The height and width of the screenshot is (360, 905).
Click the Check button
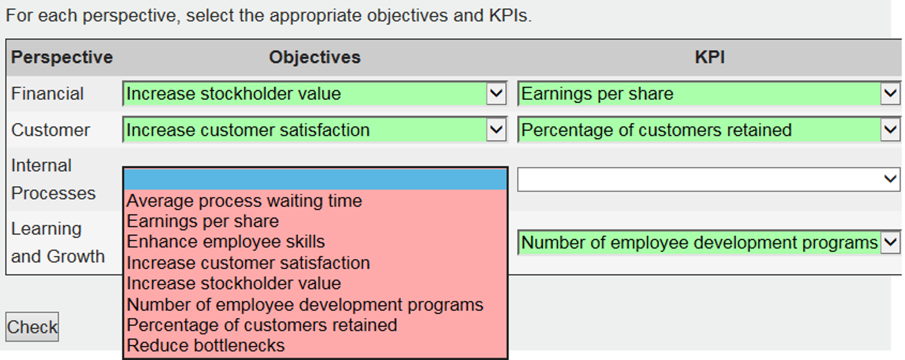click(x=32, y=327)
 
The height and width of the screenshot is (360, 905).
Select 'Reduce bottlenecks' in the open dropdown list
click(x=206, y=345)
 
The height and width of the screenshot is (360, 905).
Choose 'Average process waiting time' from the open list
click(x=244, y=201)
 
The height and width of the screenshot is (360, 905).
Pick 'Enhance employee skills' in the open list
click(x=226, y=241)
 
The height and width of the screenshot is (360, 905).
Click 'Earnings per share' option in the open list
click(x=203, y=221)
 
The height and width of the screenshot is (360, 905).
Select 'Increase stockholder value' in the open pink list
click(x=234, y=283)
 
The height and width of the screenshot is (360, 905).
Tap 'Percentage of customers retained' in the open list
click(x=262, y=325)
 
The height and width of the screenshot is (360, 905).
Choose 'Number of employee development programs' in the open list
click(x=305, y=305)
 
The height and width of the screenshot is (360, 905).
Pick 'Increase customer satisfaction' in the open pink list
click(x=248, y=263)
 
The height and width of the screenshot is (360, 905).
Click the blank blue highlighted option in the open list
click(x=315, y=179)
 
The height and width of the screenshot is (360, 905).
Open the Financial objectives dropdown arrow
click(x=496, y=93)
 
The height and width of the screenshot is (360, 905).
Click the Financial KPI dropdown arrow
click(x=890, y=93)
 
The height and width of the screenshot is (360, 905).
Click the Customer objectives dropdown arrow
click(x=496, y=130)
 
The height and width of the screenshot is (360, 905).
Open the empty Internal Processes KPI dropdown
click(x=709, y=179)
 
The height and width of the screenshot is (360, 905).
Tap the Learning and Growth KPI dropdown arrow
click(x=890, y=242)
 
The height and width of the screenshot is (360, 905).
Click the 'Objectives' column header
click(x=315, y=57)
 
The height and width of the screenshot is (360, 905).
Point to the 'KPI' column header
click(x=709, y=57)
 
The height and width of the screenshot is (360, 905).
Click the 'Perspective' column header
click(x=62, y=57)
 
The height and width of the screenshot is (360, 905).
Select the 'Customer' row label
click(x=50, y=130)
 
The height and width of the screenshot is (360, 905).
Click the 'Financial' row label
click(x=47, y=94)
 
